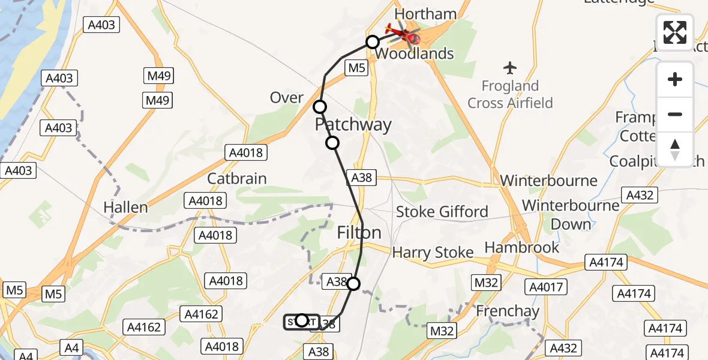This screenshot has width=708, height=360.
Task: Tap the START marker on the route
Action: (301, 321)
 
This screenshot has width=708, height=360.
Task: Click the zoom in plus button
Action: (675, 79)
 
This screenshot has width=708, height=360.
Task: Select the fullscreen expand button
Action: (675, 32)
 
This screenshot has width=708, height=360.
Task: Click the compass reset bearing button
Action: (675, 149)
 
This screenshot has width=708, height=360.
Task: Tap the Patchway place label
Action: (353, 125)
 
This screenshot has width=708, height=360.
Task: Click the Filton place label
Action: (359, 233)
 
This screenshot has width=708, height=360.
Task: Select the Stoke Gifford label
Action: (442, 212)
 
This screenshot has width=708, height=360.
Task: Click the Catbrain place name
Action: (236, 179)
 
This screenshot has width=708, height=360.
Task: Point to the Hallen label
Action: (125, 208)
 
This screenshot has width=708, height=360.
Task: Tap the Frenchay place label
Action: (508, 311)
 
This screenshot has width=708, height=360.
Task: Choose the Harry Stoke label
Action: (433, 253)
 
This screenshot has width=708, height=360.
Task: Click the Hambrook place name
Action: (521, 247)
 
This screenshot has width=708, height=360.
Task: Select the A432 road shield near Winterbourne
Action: (640, 195)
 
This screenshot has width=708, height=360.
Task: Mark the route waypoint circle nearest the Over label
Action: (320, 107)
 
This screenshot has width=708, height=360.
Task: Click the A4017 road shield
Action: (547, 287)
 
